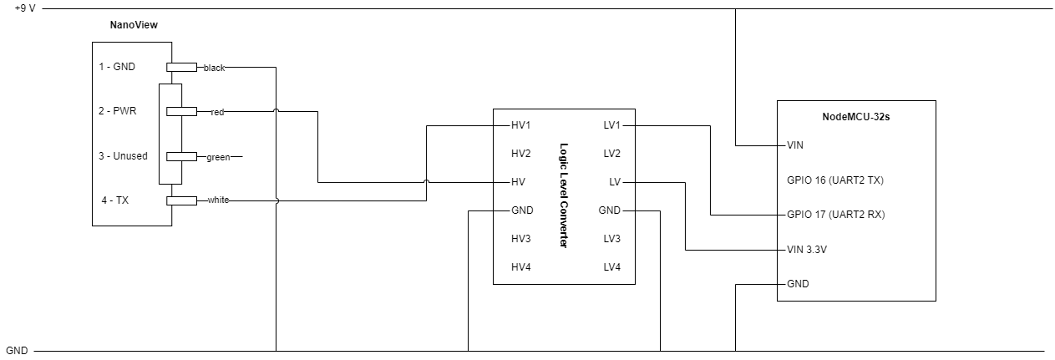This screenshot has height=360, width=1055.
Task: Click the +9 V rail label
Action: point(24,8)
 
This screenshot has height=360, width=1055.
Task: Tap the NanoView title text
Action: point(134,25)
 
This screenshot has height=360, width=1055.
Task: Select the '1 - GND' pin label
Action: point(117,67)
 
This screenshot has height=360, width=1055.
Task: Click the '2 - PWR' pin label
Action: point(117,111)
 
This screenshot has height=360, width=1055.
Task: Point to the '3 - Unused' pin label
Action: point(123,156)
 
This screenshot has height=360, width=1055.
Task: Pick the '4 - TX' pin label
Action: point(114,200)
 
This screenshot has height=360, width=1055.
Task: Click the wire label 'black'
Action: point(214,67)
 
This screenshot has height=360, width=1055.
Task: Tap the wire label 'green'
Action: point(217,156)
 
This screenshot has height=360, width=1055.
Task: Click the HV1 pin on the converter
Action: point(521,125)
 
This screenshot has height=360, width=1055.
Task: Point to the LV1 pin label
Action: point(612,125)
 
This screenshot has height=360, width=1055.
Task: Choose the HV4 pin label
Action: point(521,267)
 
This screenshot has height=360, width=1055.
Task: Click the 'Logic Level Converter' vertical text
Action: point(563,196)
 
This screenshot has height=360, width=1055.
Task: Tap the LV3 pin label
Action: point(612,239)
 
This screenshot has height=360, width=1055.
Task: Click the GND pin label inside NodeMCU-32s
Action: point(798,284)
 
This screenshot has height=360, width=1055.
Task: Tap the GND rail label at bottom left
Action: point(17,351)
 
